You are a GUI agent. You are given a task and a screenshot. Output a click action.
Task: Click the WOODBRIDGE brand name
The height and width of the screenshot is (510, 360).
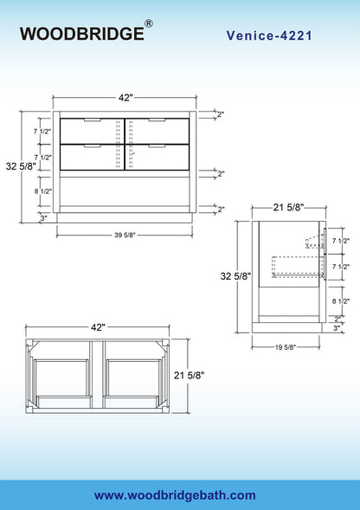click(x=81, y=34)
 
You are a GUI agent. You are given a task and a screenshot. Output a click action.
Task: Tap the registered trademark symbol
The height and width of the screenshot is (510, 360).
click(x=148, y=24)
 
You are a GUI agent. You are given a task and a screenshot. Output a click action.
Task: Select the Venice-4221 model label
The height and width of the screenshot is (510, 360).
click(x=269, y=36)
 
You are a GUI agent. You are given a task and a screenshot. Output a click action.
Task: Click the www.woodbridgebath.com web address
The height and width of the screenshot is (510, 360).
click(x=175, y=495)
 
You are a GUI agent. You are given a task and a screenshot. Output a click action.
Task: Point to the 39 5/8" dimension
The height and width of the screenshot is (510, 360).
click(x=125, y=235)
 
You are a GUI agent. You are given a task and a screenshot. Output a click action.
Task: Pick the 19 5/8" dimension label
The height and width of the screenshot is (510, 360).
click(x=286, y=347)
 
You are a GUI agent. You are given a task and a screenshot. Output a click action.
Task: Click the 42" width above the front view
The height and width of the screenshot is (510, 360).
click(x=125, y=98)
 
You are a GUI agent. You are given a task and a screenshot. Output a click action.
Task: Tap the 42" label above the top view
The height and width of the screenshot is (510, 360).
click(x=98, y=327)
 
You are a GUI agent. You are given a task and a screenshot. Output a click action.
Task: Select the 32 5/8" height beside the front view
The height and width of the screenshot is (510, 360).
click(x=21, y=166)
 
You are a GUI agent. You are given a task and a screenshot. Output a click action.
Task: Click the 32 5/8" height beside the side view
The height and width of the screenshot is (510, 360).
click(x=235, y=276)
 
